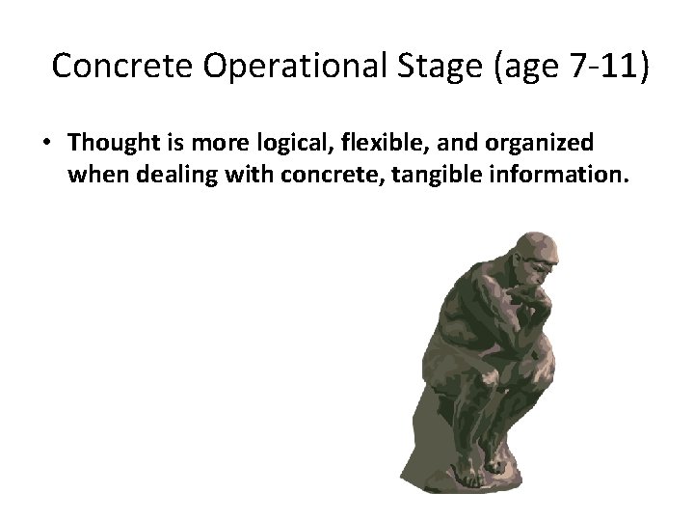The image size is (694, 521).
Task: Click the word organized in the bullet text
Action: pos(545,143)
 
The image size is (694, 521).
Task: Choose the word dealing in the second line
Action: pos(170,176)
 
